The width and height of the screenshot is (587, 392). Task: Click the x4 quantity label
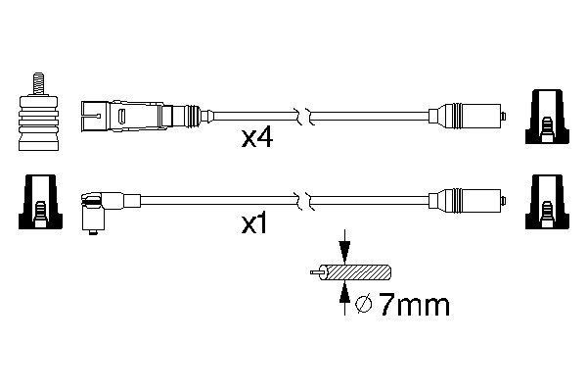tap(256, 140)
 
